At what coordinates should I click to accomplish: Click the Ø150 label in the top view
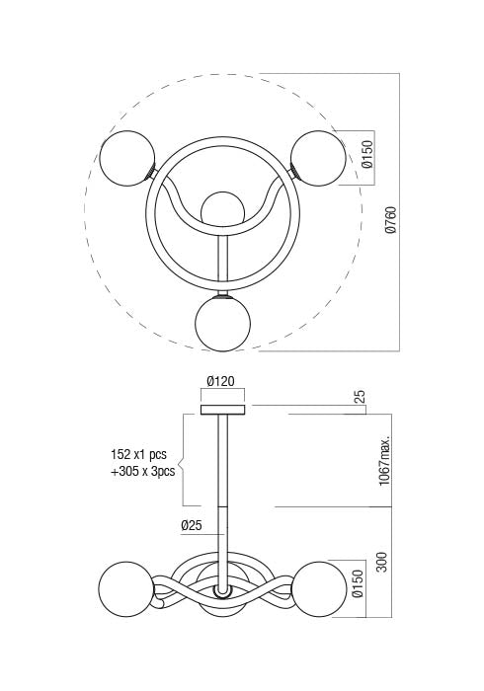tap(366, 156)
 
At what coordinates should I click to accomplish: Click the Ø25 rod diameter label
tap(193, 525)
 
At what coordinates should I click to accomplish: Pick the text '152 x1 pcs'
tap(141, 455)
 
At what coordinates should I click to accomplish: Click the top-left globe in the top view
tap(126, 158)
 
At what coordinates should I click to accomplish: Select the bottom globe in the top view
tap(222, 324)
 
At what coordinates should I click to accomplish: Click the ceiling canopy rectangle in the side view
tap(222, 410)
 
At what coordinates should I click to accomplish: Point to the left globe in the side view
tap(125, 589)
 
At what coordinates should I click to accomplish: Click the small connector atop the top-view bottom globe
tap(222, 293)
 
